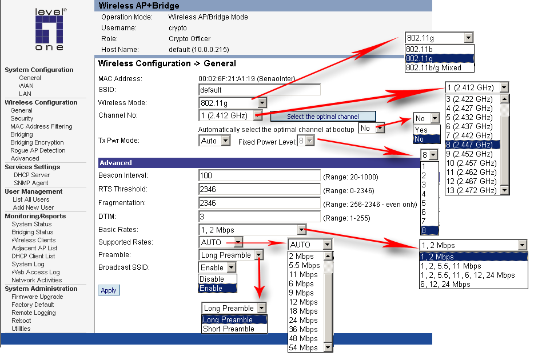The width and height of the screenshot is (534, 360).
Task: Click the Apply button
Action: pos(109,290)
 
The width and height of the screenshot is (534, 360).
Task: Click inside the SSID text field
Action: pos(259,90)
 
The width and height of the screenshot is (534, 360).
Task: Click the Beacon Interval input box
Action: pos(259,175)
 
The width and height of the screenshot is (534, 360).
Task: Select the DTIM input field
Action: pos(259,217)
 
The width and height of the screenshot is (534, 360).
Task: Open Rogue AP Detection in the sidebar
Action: pos(38,150)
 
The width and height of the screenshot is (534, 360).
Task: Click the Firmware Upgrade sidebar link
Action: pos(37,297)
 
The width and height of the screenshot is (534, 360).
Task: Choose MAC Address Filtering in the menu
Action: pos(41,126)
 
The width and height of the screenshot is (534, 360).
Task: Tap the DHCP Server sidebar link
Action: pos(31,175)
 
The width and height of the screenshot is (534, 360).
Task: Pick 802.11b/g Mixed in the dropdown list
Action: pos(433,67)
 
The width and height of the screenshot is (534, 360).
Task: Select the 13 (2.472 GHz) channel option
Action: pos(472,190)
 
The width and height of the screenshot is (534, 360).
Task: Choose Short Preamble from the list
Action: pos(229,329)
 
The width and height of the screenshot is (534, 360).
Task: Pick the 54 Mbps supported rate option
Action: pos(304,348)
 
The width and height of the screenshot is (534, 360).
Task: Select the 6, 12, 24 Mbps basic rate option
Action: pos(445,285)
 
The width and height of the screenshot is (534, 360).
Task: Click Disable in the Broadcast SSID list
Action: pos(212,279)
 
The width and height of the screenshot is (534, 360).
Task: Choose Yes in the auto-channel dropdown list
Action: pos(421,130)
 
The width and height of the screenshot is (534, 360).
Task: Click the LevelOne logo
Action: pos(49,30)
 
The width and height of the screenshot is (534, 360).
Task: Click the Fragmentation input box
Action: pos(259,203)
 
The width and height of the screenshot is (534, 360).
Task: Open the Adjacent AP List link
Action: pos(34,248)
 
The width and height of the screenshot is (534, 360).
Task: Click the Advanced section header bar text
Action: pos(116,163)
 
